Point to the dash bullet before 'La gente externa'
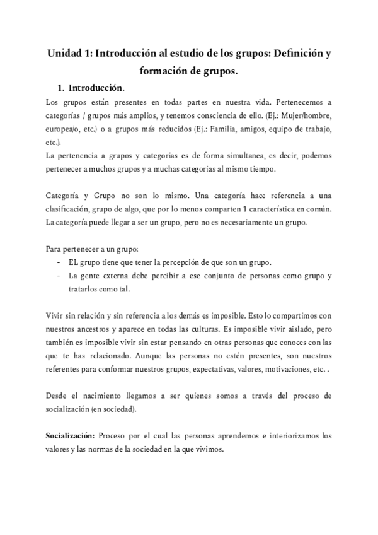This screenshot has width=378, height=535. click(59, 276)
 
